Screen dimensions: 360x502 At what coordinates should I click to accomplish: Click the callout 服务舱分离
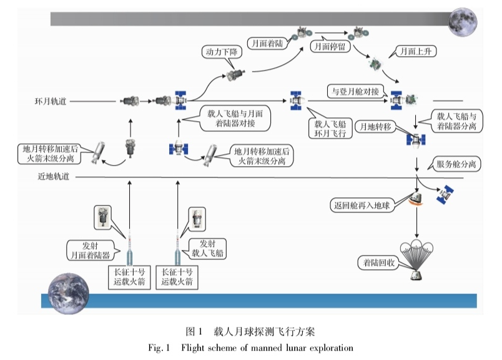pyautogui.click(x=453, y=165)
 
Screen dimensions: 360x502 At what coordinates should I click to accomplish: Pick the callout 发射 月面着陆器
pyautogui.click(x=91, y=249)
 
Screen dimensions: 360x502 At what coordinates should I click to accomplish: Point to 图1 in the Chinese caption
pyautogui.click(x=195, y=330)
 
